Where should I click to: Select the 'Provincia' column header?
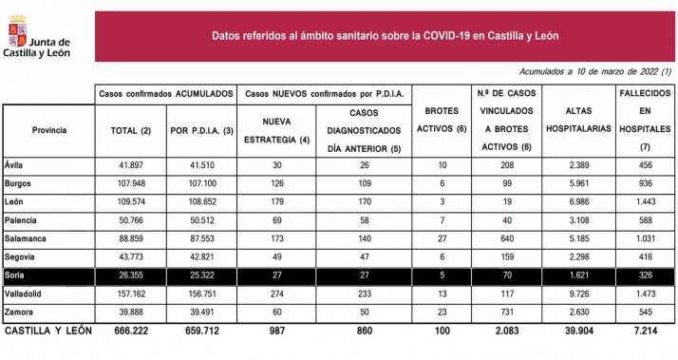[49, 129]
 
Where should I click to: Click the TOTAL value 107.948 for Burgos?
[127, 183]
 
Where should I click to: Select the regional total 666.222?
[127, 331]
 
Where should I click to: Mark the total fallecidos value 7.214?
[646, 331]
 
